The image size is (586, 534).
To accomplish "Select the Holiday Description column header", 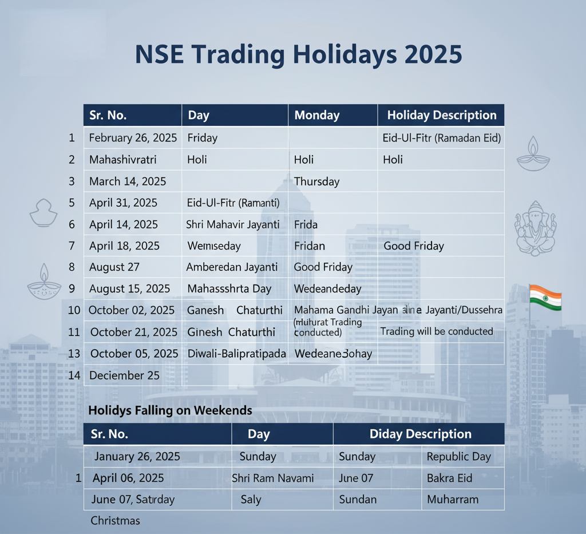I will coord(441,115).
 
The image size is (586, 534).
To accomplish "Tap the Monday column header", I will coord(316,115).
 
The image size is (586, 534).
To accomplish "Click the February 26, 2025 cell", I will coord(133,138).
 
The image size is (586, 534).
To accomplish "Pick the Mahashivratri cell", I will coord(122,160).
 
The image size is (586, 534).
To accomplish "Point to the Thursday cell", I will coord(316,181).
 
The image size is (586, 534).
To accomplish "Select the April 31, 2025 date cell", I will coord(123,203).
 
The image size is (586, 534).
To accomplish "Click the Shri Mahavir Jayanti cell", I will coord(233,224).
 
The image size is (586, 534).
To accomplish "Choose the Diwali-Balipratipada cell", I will coord(236,354).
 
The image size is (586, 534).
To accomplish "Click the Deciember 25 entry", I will coord(125,375).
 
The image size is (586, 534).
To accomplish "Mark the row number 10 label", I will coord(74,310).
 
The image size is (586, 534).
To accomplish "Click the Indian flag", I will coord(545,297).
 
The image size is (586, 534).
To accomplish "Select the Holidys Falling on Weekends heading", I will coord(170,410).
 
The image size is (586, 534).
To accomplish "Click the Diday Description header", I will coord(420,434).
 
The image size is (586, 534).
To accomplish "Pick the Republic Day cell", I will coord(459,457).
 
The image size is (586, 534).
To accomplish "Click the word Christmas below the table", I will coord(115,521).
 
